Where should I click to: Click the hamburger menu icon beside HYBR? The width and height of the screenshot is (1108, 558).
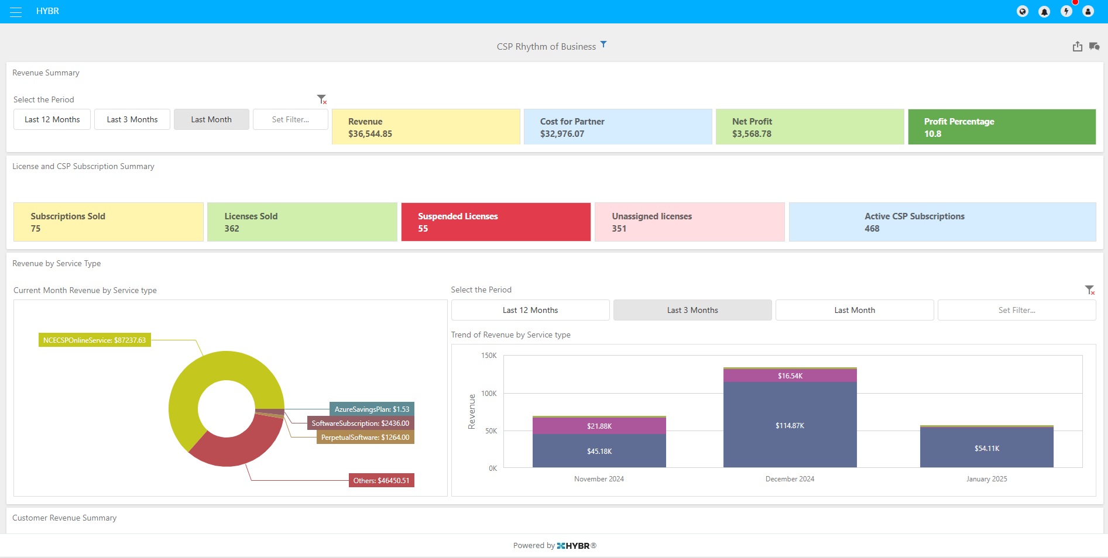(x=16, y=12)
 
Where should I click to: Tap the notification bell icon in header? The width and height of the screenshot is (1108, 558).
(x=1044, y=12)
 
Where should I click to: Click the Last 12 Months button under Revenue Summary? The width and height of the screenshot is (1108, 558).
(x=52, y=119)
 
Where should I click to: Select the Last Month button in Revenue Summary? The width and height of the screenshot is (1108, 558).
(x=211, y=119)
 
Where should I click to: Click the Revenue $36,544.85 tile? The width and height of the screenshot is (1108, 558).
(x=426, y=127)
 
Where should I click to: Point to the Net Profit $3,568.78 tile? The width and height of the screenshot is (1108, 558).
(x=809, y=127)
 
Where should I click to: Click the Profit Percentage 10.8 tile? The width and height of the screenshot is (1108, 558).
(x=1001, y=127)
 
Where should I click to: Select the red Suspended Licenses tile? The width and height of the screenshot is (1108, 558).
(x=496, y=222)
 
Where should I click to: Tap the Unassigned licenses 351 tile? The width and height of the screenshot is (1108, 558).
(x=690, y=222)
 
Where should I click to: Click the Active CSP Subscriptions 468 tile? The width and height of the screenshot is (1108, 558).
(x=942, y=222)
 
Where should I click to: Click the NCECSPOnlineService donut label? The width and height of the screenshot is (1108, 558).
(x=95, y=340)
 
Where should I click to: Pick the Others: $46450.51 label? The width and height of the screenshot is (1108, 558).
(x=381, y=481)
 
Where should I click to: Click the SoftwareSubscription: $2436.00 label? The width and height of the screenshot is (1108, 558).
(x=360, y=423)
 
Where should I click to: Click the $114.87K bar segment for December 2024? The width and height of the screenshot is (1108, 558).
(x=790, y=425)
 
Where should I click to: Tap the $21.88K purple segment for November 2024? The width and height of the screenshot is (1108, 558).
(x=599, y=426)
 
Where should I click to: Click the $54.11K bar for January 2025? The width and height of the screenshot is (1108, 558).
(x=986, y=448)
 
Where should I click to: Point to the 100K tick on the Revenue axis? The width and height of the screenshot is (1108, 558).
(x=489, y=394)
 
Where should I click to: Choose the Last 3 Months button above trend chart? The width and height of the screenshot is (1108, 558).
(x=692, y=311)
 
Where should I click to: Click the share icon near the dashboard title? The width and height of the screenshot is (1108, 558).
(x=1077, y=47)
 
